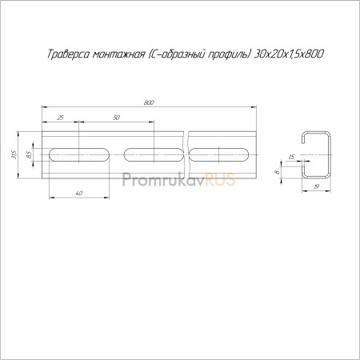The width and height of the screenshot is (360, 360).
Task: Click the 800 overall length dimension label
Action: click(x=149, y=102)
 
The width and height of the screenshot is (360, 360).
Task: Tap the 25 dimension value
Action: click(x=61, y=118)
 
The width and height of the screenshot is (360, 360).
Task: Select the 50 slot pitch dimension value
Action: click(x=117, y=118)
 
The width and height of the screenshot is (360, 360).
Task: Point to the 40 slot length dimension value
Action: click(x=79, y=193)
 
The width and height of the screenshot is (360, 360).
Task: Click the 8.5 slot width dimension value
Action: click(x=29, y=154)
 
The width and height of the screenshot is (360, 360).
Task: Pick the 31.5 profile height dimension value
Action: click(x=14, y=154)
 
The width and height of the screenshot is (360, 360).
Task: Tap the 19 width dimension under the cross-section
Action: click(x=316, y=186)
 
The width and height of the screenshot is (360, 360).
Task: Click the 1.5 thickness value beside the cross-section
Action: click(x=291, y=157)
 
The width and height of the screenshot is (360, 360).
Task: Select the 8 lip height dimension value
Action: click(x=278, y=172)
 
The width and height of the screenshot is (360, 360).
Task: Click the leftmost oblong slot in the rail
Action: click(x=79, y=154)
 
